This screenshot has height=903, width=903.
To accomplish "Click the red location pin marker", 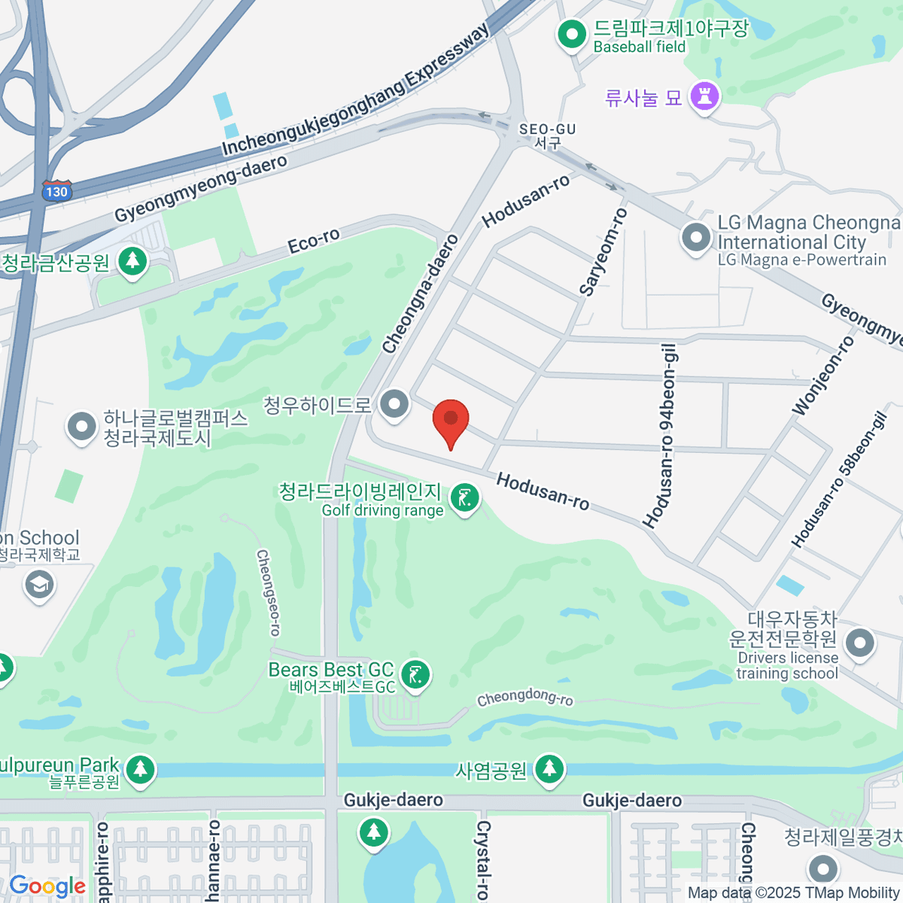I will (x=451, y=420).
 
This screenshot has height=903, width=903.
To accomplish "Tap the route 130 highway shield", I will (x=56, y=191).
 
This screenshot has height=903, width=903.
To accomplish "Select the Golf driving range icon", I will (x=465, y=499).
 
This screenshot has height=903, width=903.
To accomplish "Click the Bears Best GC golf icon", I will (x=415, y=674).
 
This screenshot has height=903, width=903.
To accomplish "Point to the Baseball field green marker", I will (x=572, y=35).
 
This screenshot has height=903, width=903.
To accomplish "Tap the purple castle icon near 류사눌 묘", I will (x=705, y=96).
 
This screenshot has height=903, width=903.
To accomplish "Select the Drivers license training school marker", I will (x=859, y=644).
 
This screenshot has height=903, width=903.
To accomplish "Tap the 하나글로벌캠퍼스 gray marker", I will (x=82, y=427).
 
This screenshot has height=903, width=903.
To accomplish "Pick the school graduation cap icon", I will (x=39, y=585).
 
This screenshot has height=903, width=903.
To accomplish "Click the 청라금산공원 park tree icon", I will (x=133, y=261).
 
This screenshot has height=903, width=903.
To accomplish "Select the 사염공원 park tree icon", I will (x=549, y=769).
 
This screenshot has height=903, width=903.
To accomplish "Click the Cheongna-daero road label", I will (x=420, y=294).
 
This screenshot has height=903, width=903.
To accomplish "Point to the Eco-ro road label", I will (x=314, y=241).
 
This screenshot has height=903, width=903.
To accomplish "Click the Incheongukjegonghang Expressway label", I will (x=355, y=90).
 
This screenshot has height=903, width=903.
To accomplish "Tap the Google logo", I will (x=47, y=886).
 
